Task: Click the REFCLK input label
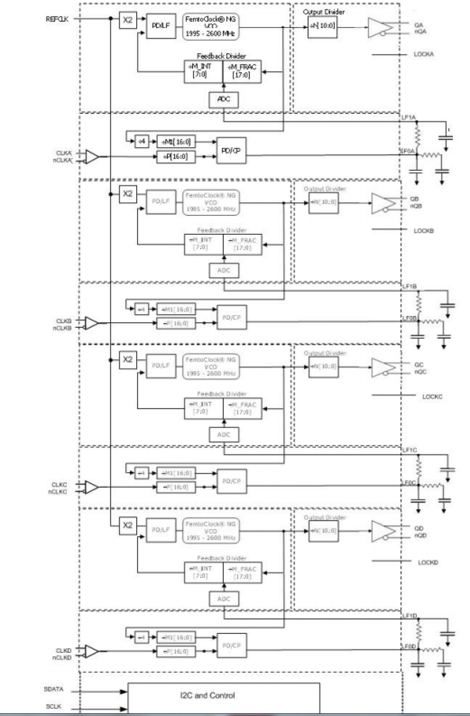click(x=57, y=19)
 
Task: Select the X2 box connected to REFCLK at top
click(x=128, y=20)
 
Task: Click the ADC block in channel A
click(x=223, y=99)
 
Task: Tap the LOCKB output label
click(x=424, y=231)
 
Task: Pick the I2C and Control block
click(x=223, y=697)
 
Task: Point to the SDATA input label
click(x=54, y=689)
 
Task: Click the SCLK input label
click(x=54, y=707)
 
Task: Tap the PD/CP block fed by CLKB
click(x=232, y=318)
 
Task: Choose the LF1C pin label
click(x=409, y=450)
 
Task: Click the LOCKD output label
click(x=428, y=562)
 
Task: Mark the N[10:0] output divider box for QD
click(x=324, y=531)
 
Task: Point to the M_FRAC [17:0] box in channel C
click(x=242, y=409)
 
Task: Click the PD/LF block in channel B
click(x=161, y=201)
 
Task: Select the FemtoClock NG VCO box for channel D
click(x=211, y=531)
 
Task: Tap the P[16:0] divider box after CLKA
click(x=176, y=157)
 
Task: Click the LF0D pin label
click(x=409, y=647)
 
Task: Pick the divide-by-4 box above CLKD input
click(x=141, y=637)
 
